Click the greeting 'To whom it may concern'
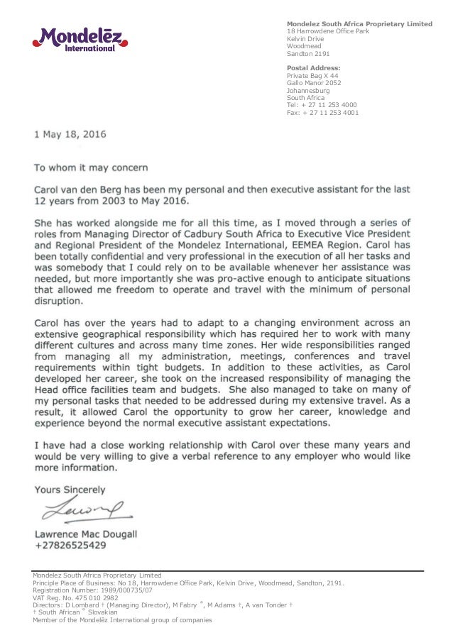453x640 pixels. [x=92, y=167]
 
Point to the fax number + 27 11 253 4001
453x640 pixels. [x=322, y=112]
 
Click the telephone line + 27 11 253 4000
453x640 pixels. [x=322, y=105]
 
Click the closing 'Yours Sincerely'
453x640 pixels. [x=70, y=489]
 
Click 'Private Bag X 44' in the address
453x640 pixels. [x=312, y=75]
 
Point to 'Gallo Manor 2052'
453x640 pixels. [x=313, y=83]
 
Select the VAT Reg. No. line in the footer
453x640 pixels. [x=75, y=597]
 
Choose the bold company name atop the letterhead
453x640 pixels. [x=359, y=24]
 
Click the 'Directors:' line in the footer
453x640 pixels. [x=163, y=605]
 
